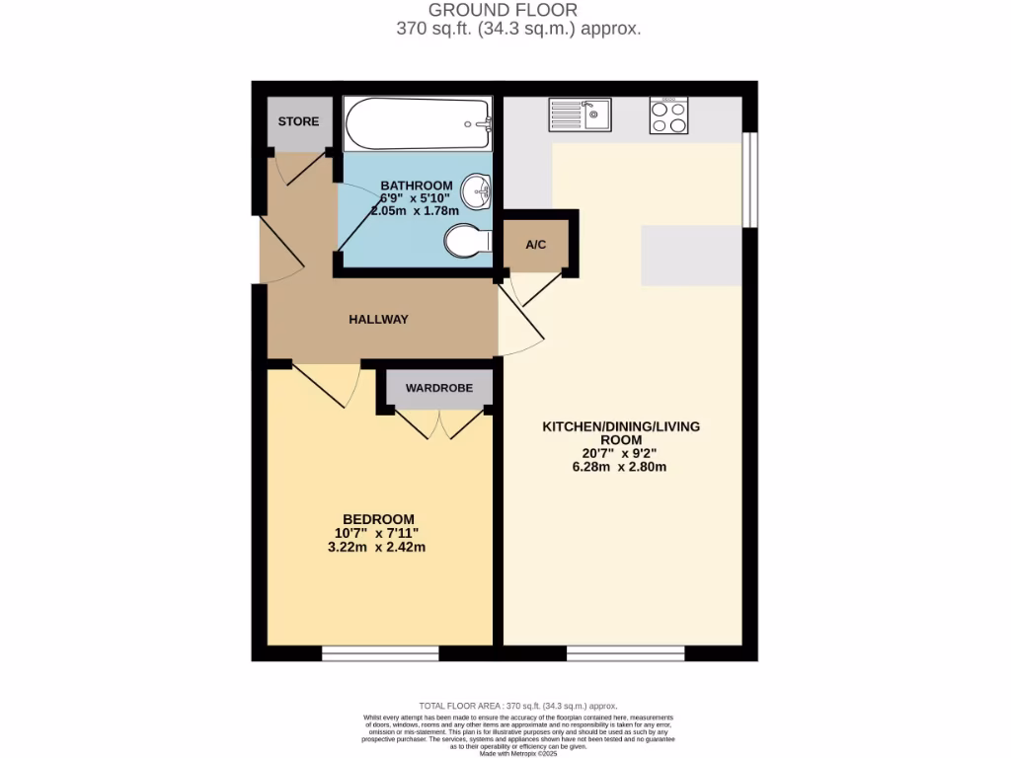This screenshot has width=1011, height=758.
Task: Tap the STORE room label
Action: click(x=298, y=122)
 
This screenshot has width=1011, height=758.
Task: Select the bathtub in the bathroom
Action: click(x=418, y=123)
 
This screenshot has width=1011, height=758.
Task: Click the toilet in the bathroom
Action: click(x=467, y=240)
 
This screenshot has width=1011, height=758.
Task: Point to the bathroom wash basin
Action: click(x=480, y=189)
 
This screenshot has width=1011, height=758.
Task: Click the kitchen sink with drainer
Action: click(x=580, y=115)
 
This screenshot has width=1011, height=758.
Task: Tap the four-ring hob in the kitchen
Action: click(x=668, y=117)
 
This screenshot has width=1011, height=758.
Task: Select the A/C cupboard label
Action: click(x=536, y=245)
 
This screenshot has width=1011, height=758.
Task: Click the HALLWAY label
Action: click(x=378, y=320)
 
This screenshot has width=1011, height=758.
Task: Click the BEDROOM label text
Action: click(x=378, y=519)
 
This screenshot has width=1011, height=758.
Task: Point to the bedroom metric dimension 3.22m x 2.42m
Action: click(x=378, y=547)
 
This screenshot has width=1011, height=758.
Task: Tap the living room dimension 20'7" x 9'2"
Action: click(x=620, y=454)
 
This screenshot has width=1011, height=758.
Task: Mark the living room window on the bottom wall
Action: click(x=625, y=652)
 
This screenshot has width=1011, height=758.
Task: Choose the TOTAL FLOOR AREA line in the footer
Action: click(x=518, y=706)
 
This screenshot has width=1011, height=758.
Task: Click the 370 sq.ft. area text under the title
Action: click(x=518, y=29)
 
